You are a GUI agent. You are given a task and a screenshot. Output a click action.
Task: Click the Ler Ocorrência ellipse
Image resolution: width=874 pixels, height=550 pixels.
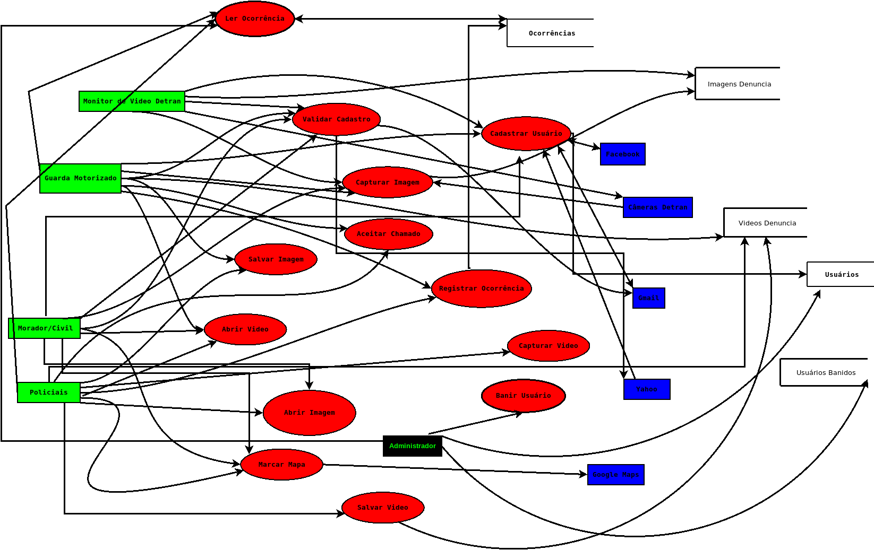pyautogui.click(x=255, y=19)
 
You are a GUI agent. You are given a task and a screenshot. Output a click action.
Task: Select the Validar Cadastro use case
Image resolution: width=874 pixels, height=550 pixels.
pyautogui.click(x=336, y=119)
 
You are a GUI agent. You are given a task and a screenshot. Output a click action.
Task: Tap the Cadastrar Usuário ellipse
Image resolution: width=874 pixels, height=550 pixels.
pyautogui.click(x=526, y=134)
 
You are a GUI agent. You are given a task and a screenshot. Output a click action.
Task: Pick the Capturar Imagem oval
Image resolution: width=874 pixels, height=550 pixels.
pyautogui.click(x=388, y=182)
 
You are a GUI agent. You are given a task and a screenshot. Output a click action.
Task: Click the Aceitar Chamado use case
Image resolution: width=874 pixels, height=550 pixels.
pyautogui.click(x=388, y=234)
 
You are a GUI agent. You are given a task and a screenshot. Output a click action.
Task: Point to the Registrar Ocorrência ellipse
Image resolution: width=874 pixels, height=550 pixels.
pyautogui.click(x=481, y=289)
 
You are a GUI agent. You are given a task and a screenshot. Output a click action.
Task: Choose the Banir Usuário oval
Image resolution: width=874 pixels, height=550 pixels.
pyautogui.click(x=523, y=396)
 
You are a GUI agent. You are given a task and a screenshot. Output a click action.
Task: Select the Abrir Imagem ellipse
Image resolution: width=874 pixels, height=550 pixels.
pyautogui.click(x=309, y=413)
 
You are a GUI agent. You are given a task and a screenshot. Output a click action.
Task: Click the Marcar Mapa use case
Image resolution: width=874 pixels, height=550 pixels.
pyautogui.click(x=281, y=465)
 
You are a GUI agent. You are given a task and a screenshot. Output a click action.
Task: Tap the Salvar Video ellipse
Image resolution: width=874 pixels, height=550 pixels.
pyautogui.click(x=383, y=508)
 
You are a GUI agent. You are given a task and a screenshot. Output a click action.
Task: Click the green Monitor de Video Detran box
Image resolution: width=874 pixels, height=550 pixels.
pyautogui.click(x=132, y=101)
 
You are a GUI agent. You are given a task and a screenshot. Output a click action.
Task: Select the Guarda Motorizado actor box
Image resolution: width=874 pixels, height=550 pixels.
pyautogui.click(x=80, y=178)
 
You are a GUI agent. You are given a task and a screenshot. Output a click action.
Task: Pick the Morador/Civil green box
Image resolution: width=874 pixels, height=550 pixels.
pyautogui.click(x=45, y=328)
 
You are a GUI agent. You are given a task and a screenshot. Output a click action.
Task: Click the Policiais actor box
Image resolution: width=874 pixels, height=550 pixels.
pyautogui.click(x=49, y=392)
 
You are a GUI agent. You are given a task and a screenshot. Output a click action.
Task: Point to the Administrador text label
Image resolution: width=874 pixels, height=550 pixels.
pyautogui.click(x=413, y=446)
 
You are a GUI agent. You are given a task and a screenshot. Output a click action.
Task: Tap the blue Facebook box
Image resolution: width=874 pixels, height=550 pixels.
pyautogui.click(x=622, y=154)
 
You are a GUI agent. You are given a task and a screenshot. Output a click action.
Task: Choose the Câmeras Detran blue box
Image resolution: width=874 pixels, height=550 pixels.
pyautogui.click(x=658, y=207)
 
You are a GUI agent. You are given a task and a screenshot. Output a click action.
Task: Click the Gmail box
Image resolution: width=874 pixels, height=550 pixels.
pyautogui.click(x=649, y=298)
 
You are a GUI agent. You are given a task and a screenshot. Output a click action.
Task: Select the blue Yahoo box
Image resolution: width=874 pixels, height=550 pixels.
pyautogui.click(x=647, y=389)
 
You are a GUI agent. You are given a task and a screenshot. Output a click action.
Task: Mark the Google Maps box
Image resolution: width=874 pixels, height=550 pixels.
pyautogui.click(x=615, y=475)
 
